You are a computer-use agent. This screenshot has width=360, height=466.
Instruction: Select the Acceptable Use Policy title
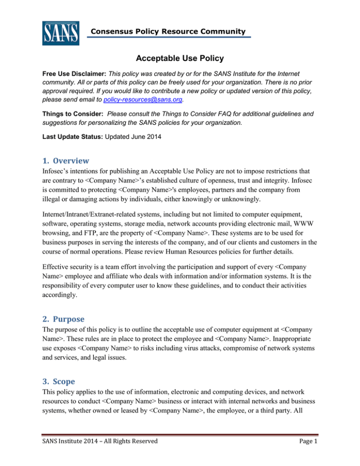click(180, 58)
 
